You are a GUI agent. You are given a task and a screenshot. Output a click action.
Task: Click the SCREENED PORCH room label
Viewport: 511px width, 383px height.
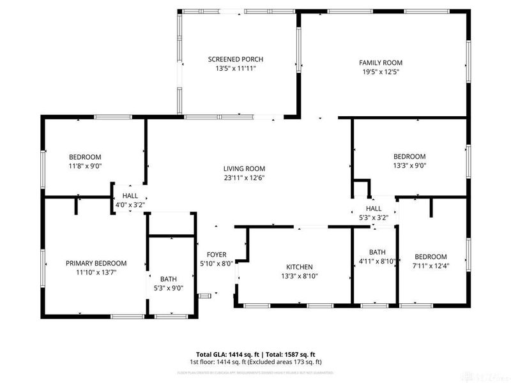235,59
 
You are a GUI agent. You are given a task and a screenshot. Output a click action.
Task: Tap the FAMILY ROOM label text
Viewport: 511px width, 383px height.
380,63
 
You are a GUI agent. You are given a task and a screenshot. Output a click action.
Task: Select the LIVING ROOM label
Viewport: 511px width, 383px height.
244,169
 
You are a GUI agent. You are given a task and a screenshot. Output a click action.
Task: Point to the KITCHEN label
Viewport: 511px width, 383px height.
299,267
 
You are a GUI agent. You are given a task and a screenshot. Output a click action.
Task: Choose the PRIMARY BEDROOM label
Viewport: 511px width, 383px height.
96,263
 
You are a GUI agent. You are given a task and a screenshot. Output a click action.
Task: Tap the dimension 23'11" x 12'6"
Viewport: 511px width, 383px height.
244,178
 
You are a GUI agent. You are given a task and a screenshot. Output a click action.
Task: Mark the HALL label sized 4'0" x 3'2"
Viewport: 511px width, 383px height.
130,196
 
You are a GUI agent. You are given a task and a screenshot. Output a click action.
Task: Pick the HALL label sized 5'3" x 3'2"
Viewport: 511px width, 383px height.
374,209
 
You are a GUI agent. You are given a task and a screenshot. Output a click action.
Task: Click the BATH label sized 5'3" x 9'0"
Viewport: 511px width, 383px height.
169,279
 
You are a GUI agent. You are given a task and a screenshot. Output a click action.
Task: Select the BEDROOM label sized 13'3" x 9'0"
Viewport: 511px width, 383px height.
409,156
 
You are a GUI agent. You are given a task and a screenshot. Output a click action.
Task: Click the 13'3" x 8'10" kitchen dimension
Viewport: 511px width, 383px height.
299,276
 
